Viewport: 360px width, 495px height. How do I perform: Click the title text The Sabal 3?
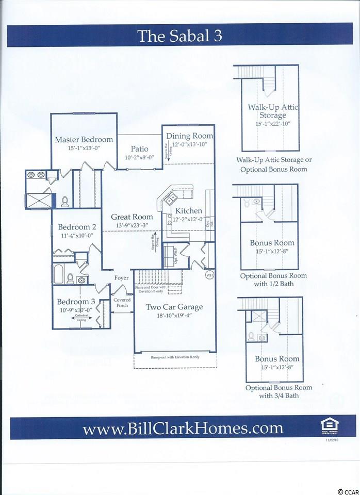[180, 37]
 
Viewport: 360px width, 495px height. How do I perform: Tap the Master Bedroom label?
[84, 139]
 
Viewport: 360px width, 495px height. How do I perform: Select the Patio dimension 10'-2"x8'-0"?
[139, 157]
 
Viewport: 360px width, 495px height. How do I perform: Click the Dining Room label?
[189, 136]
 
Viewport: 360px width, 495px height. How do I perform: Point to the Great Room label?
[132, 217]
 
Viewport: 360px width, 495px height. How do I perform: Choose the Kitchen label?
[188, 211]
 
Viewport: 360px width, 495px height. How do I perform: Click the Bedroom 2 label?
[77, 227]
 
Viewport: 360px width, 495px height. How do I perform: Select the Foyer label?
[122, 278]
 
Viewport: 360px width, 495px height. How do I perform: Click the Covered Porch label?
[122, 302]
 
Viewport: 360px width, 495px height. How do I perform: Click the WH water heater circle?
[209, 275]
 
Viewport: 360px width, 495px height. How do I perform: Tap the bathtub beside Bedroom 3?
[57, 274]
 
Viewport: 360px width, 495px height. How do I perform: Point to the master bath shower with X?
[37, 198]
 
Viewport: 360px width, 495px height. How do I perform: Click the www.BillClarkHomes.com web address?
[183, 428]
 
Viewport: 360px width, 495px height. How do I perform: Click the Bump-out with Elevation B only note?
[174, 357]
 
